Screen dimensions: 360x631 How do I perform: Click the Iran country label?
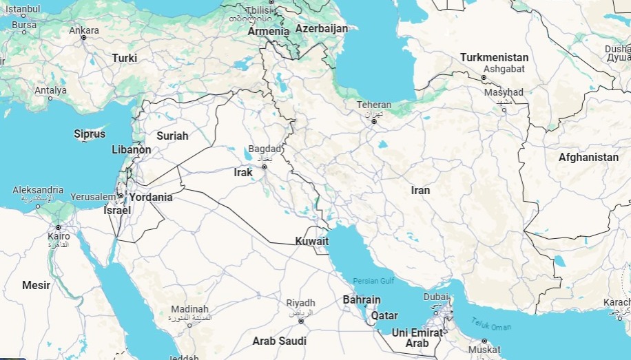pos(420,191)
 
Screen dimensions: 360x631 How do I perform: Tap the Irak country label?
pos(243,173)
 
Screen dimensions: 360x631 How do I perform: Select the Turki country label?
pos(125,59)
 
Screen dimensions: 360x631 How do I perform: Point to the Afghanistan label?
pos(588,158)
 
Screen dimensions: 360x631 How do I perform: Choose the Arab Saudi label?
pos(279,341)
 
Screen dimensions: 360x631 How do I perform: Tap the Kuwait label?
pos(311,242)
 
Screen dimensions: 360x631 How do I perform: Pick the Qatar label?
pos(384,316)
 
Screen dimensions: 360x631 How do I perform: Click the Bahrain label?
pos(362,300)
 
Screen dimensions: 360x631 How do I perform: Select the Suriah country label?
pos(172,136)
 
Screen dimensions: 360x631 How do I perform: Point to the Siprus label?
pos(90,134)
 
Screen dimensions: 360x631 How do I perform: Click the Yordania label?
pos(151,197)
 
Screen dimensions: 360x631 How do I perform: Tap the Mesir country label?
pos(36,285)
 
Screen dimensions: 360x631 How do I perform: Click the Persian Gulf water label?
pos(373,281)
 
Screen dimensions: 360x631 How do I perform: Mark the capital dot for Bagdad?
pos(264,167)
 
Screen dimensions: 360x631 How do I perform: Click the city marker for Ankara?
pos(83,38)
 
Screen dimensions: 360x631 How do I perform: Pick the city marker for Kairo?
pos(59,227)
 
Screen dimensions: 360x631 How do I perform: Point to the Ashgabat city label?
pos(504,69)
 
